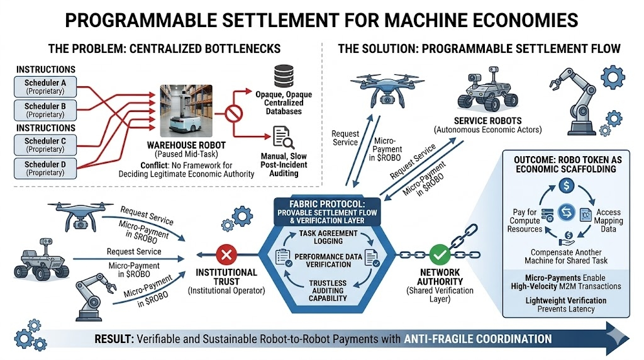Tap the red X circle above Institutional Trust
click(x=225, y=256)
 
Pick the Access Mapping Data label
click(x=608, y=217)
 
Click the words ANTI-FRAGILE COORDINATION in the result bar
click(x=479, y=339)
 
